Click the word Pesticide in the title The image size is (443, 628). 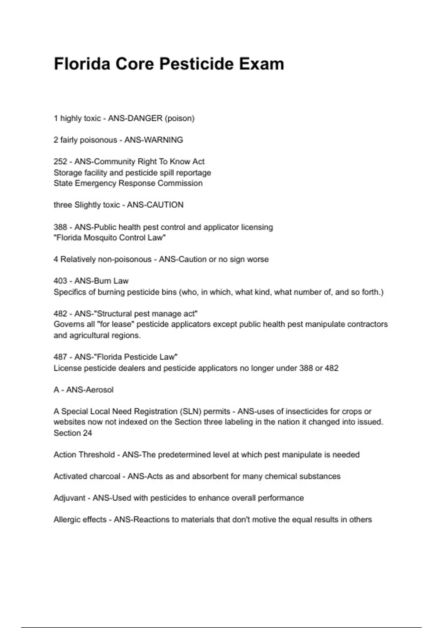[x=196, y=64]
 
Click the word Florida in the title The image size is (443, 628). [x=82, y=64]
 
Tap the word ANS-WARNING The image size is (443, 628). [x=154, y=140]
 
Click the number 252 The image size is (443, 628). [x=61, y=162]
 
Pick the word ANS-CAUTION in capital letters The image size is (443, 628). [x=155, y=205]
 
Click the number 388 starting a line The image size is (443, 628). [x=61, y=227]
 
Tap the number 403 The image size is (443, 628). [x=61, y=281]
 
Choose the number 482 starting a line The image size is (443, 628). [x=61, y=314]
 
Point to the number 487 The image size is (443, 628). [x=61, y=357]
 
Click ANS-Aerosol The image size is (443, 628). [x=90, y=390]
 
